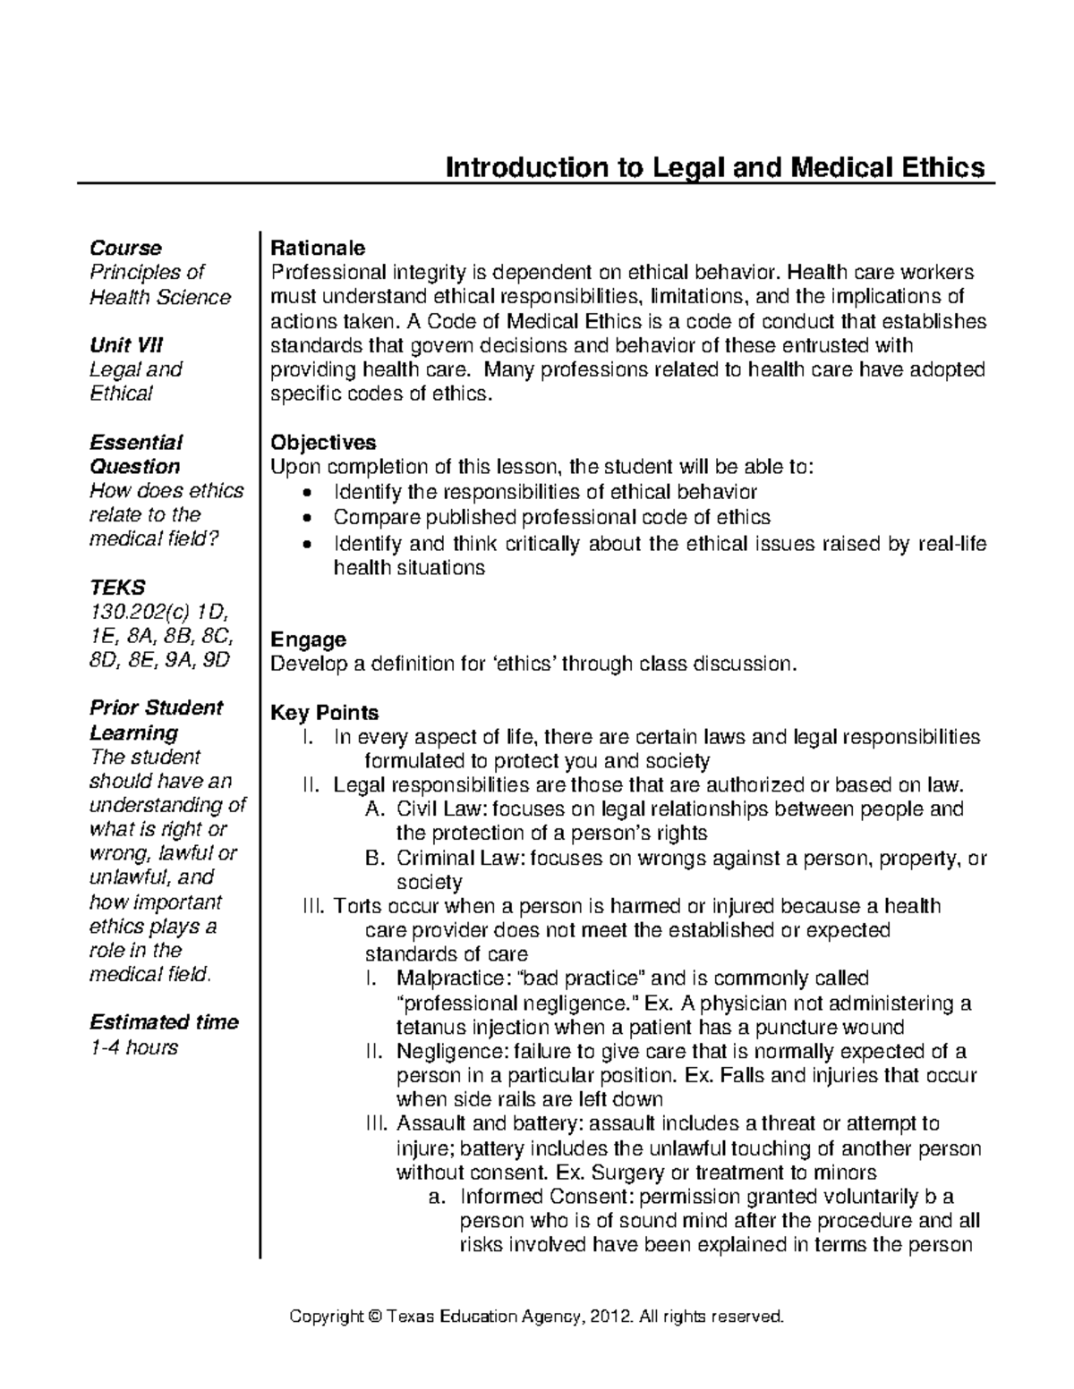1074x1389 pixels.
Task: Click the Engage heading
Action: [308, 639]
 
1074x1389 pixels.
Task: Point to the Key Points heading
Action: [324, 713]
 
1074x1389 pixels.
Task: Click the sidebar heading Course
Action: [125, 248]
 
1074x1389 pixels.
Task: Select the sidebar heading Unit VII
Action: [125, 345]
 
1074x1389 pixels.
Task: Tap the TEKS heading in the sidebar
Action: [117, 588]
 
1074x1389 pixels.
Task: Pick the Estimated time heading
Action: [164, 1022]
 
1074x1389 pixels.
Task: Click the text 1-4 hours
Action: [133, 1047]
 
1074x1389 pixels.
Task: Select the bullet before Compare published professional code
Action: [309, 518]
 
